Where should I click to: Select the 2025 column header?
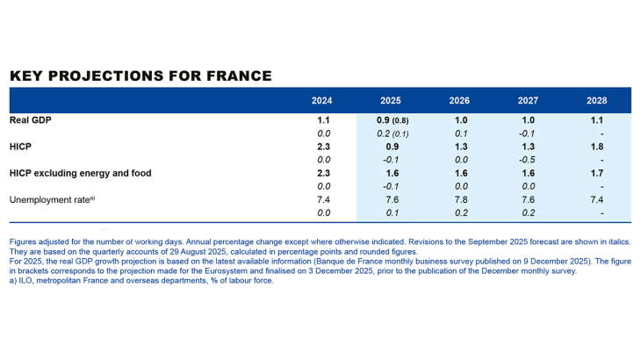pos(391,100)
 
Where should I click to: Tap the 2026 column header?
pos(459,100)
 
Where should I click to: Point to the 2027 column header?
pos(528,100)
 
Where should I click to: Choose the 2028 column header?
pos(597,100)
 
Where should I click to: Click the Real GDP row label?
pos(30,120)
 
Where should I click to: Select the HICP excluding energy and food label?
pos(80,173)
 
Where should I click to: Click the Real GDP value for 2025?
pos(391,120)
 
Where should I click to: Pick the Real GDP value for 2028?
pos(597,120)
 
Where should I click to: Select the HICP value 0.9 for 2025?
pos(391,147)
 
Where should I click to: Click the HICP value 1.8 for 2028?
pos(597,147)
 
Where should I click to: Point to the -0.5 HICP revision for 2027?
pos(528,160)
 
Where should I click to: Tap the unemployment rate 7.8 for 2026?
pos(459,199)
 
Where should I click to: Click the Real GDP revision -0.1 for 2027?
pos(528,133)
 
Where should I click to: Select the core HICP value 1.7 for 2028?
pos(597,173)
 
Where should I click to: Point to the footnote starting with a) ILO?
pos(140,281)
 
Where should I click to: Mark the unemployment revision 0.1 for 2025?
pos(391,212)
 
